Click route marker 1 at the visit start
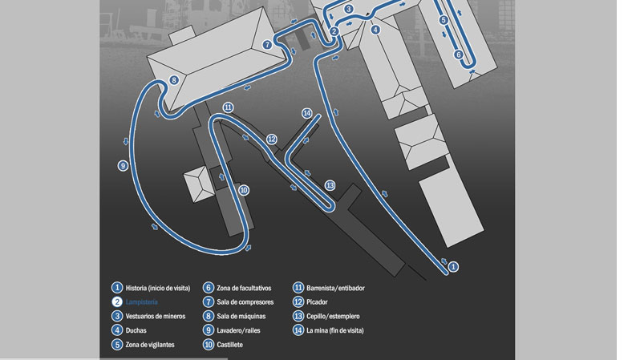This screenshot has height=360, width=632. point(453,266)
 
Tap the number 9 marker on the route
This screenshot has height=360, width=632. point(123,166)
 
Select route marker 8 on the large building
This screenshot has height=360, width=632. point(174,80)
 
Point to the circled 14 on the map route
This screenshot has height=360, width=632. point(306,113)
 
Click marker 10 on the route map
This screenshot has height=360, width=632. point(244,190)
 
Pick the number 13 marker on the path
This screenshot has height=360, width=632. point(330,185)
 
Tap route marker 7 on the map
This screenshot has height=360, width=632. point(267,46)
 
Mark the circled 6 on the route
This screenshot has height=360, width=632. point(459,55)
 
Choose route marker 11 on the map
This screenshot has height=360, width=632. point(229,107)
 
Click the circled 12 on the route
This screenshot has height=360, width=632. point(272,140)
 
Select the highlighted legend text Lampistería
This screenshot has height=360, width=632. point(142,301)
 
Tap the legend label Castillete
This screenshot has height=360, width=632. point(229,345)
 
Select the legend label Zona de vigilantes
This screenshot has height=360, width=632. point(156,345)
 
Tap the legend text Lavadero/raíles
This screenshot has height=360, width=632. point(243,330)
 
